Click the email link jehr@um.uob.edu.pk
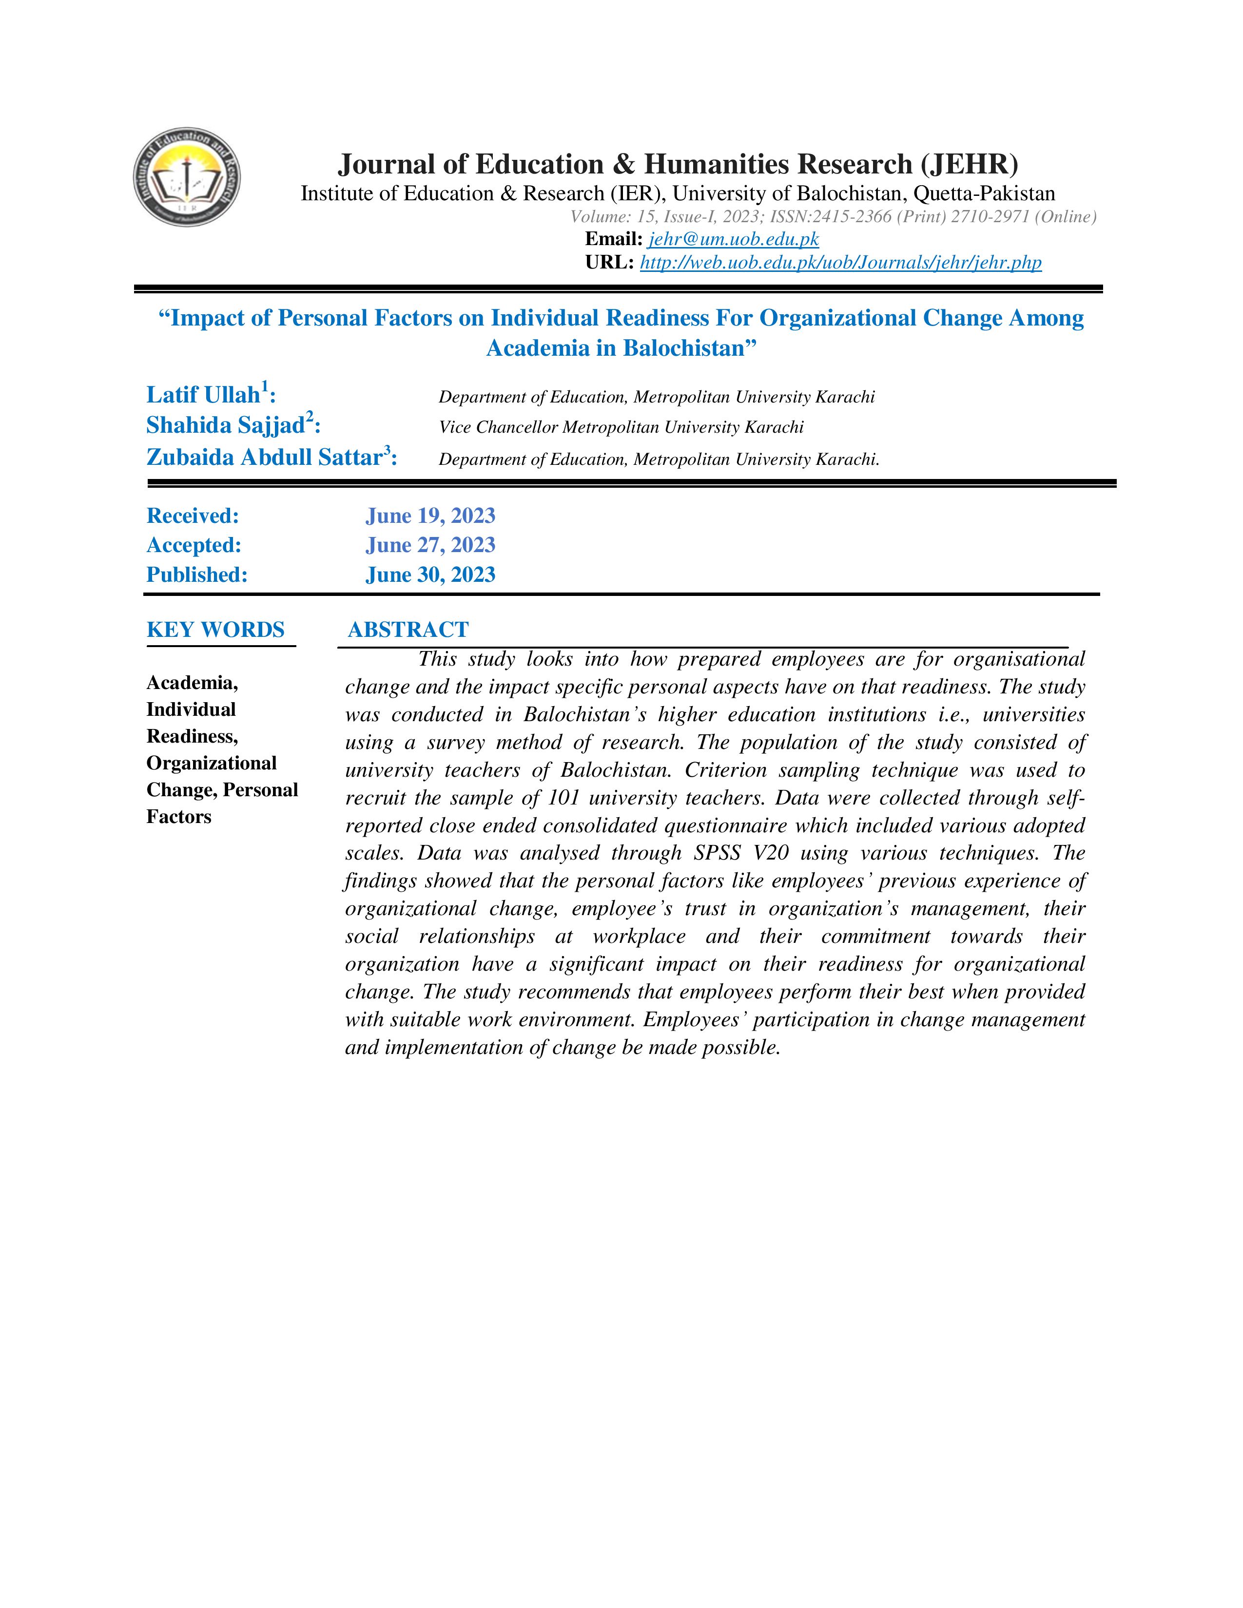pyautogui.click(x=734, y=239)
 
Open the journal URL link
pyautogui.click(x=840, y=263)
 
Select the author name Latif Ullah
pyautogui.click(x=203, y=395)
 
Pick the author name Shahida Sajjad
pyautogui.click(x=225, y=425)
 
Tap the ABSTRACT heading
pyautogui.click(x=408, y=630)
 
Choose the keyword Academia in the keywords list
pyautogui.click(x=192, y=683)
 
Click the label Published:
pyautogui.click(x=196, y=574)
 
